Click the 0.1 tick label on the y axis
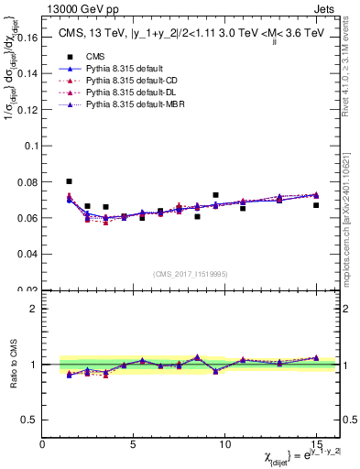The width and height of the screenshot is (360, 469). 31,146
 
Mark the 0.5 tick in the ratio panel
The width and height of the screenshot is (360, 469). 29,420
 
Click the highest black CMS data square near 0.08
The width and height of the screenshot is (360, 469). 70,181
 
